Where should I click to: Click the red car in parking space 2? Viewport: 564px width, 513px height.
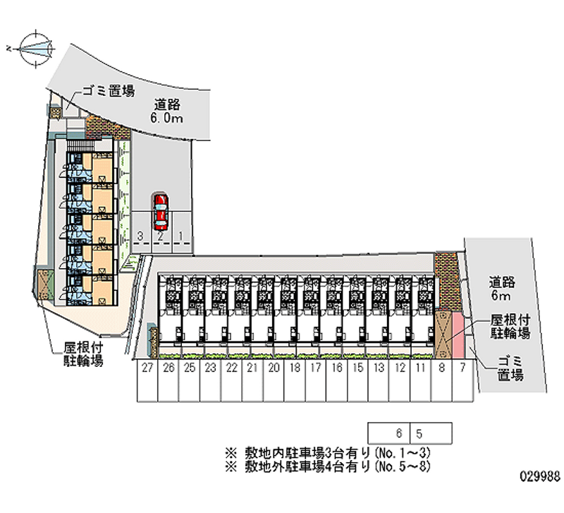161,211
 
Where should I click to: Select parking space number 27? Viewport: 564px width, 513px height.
147,381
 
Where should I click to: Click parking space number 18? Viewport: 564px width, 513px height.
295,381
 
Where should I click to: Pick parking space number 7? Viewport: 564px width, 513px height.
462,381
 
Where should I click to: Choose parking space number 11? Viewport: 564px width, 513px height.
421,381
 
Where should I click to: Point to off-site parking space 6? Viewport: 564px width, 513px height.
399,432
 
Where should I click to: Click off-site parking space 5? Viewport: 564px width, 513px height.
419,432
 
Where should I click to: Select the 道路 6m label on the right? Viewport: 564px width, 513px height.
503,289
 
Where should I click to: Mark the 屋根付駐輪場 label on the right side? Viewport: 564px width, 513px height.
510,327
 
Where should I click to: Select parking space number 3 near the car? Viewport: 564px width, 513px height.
141,236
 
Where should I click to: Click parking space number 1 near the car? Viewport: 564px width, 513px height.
181,236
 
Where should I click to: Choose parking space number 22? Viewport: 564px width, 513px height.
231,381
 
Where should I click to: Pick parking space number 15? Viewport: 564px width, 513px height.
358,381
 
